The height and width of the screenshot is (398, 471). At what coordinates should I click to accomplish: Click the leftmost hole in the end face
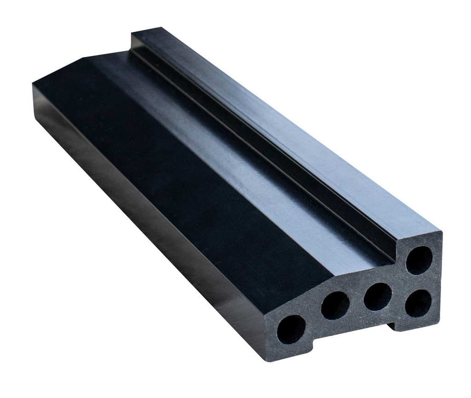point(291,330)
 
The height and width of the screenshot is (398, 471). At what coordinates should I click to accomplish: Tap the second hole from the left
point(335,305)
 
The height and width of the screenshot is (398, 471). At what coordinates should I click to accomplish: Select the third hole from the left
point(377,297)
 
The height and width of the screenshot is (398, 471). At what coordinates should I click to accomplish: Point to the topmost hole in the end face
point(419,261)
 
